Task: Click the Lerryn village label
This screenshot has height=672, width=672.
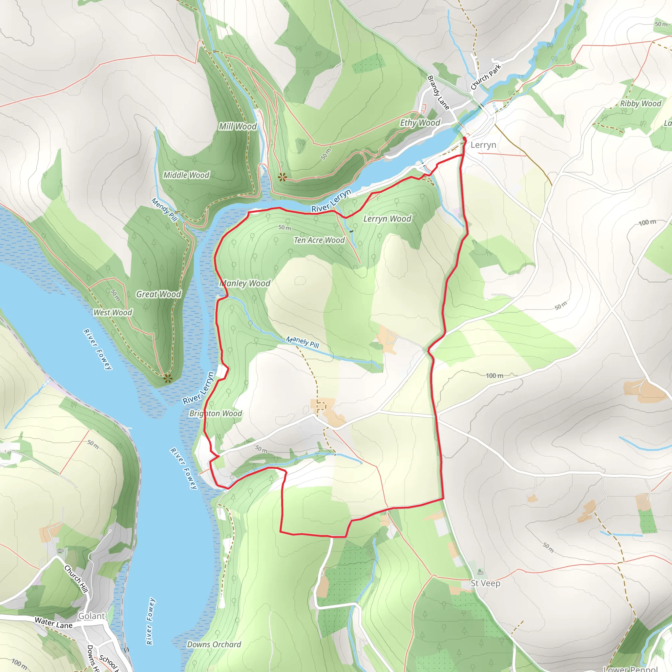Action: click(483, 145)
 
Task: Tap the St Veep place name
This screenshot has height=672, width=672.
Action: click(485, 583)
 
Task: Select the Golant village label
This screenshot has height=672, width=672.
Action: click(91, 616)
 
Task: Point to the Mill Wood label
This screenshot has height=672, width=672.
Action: click(238, 127)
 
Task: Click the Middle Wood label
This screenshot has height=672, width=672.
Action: click(186, 175)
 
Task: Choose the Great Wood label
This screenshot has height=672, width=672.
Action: click(158, 294)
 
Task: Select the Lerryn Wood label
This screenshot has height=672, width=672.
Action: click(387, 219)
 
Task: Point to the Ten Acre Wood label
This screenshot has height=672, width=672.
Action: click(319, 240)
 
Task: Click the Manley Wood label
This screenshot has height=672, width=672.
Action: click(245, 283)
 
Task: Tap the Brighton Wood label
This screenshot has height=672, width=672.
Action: click(216, 413)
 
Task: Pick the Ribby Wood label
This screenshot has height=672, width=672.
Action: click(640, 104)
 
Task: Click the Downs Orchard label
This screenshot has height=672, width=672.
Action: click(214, 644)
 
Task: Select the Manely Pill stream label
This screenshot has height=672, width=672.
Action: click(302, 342)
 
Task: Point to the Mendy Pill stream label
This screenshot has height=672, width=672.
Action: click(164, 209)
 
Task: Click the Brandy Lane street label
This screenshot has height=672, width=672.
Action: click(438, 93)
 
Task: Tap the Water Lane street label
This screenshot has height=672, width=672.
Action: click(53, 622)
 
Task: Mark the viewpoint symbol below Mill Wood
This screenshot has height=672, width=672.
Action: click(282, 178)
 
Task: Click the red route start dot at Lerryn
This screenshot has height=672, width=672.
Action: click(464, 139)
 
